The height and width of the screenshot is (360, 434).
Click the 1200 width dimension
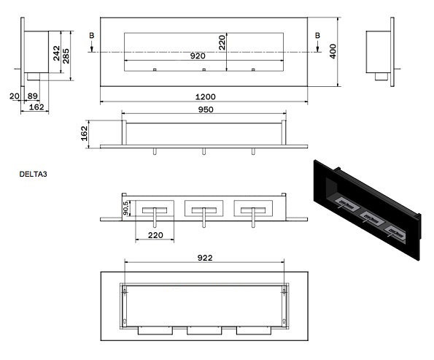coord(206,96)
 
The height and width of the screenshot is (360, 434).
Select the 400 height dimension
coord(333,51)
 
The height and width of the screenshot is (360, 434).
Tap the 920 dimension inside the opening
coord(198,56)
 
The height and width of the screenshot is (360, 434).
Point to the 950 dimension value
coord(206,110)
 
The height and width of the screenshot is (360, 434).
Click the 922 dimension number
coord(205,258)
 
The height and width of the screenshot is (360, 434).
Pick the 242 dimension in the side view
coord(56,53)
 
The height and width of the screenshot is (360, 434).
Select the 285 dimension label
coord(66,56)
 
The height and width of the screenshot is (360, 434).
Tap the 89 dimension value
coord(33,96)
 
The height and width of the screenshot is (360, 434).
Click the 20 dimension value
coord(15,96)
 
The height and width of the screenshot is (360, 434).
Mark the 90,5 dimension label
coord(125,208)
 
